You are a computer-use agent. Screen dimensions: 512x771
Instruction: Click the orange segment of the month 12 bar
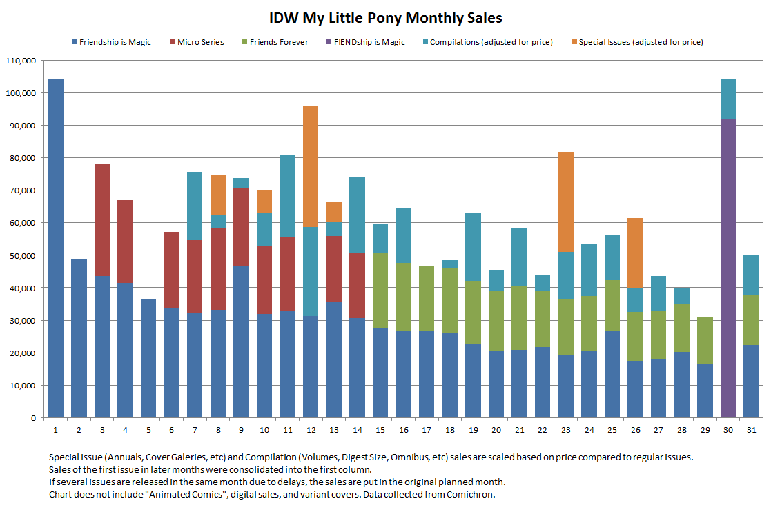(x=311, y=166)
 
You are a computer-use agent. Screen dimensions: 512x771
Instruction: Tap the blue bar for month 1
(x=56, y=248)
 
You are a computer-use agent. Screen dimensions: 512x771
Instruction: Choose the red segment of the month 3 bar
(x=102, y=220)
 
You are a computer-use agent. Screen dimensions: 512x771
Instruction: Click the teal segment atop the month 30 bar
(x=728, y=99)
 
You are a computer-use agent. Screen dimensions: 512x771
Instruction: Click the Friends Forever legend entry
(x=278, y=42)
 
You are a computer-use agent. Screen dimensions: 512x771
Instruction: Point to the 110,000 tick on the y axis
(x=21, y=61)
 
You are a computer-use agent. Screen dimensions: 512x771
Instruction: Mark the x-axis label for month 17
(x=427, y=429)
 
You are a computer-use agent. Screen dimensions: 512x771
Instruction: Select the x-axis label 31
(x=751, y=429)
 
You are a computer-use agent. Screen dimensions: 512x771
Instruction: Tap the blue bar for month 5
(x=148, y=359)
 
